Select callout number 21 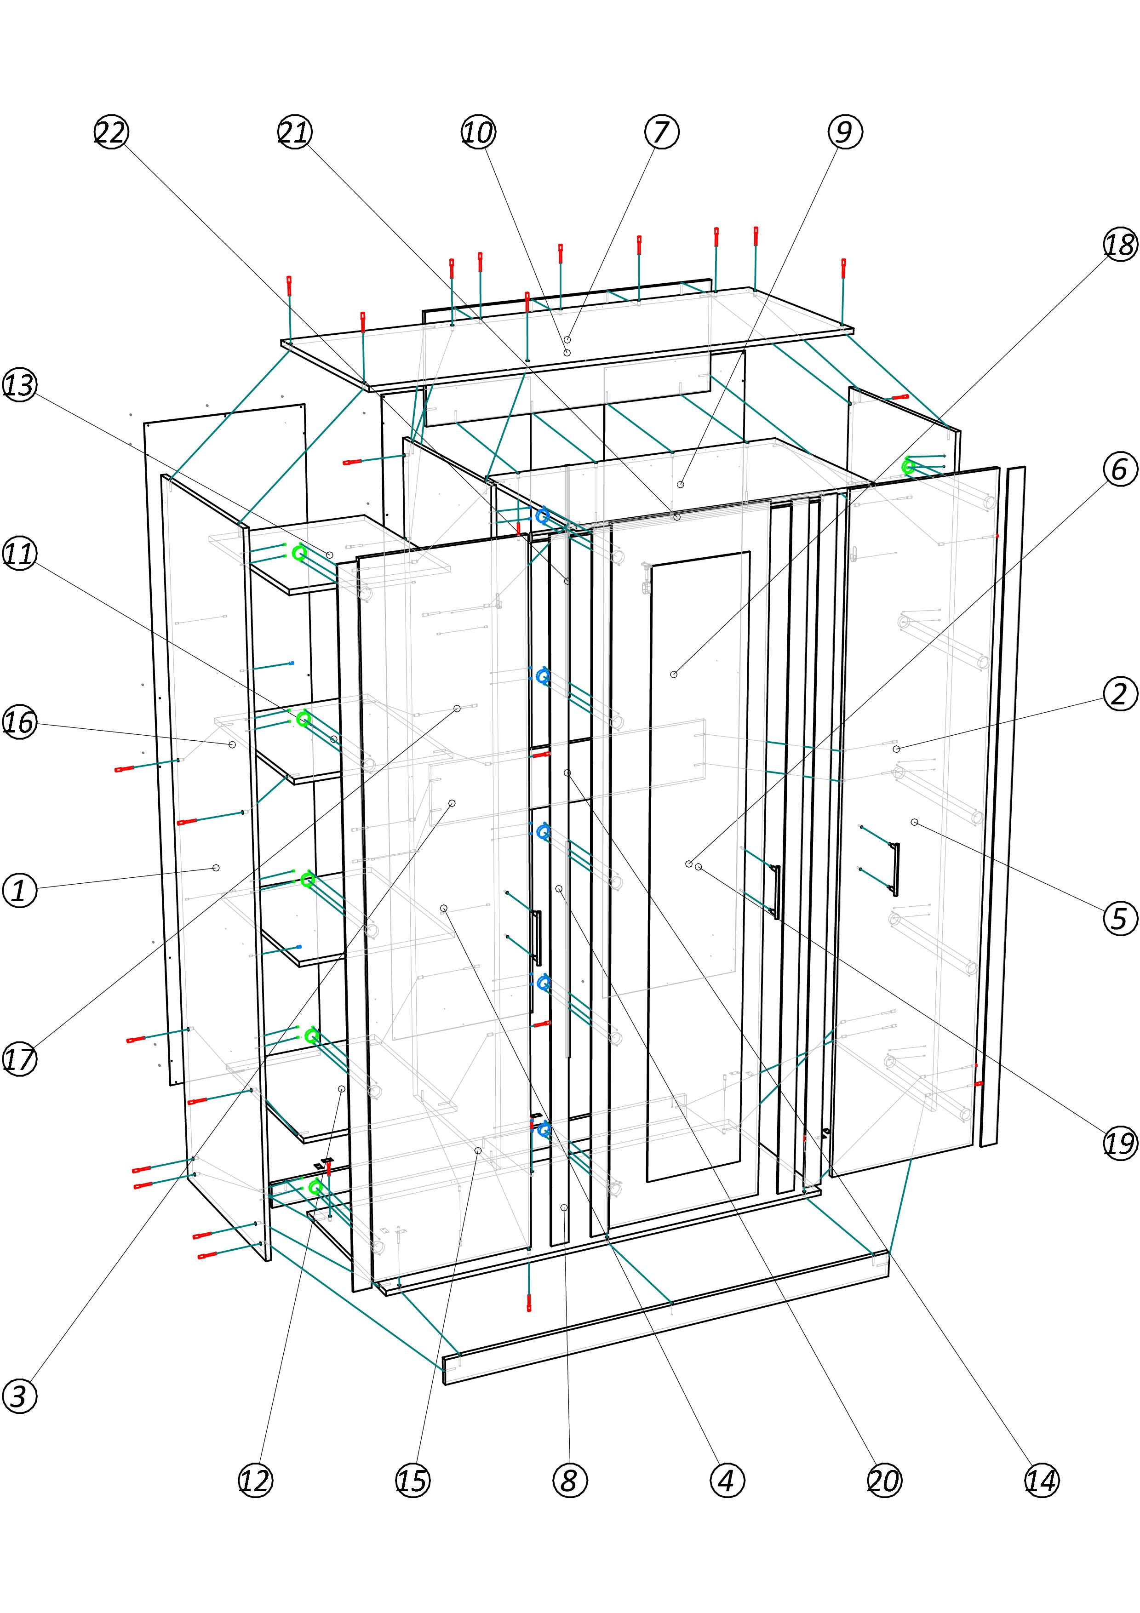click(295, 132)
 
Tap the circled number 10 click(478, 132)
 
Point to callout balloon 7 click(662, 132)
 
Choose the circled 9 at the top click(844, 132)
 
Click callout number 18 click(1120, 245)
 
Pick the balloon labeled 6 click(1120, 469)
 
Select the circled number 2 click(1120, 694)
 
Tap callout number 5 click(1120, 918)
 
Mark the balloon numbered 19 click(1120, 1143)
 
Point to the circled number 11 click(20, 554)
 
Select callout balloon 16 click(20, 722)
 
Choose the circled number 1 click(20, 891)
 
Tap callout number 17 click(20, 1059)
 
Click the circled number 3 click(20, 1396)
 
